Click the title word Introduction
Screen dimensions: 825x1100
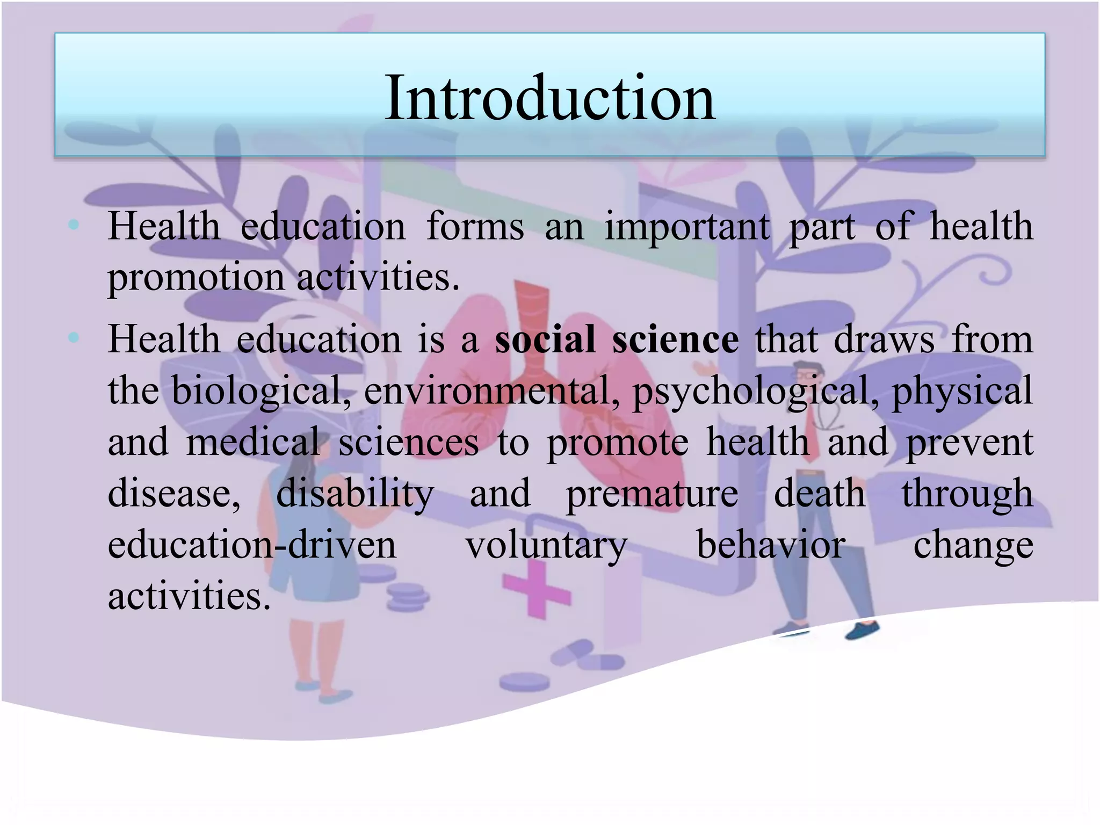click(x=549, y=98)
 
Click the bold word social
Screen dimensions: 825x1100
click(x=545, y=340)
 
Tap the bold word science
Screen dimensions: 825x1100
click(x=675, y=340)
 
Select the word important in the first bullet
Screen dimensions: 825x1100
click(x=687, y=227)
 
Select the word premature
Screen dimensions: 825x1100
click(x=652, y=493)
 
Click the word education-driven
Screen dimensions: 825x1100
click(x=252, y=544)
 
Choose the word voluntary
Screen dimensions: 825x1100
click(x=546, y=545)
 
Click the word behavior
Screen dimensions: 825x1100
click(x=771, y=544)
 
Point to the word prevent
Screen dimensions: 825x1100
click(x=969, y=442)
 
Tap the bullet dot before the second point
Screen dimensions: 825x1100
click(x=74, y=338)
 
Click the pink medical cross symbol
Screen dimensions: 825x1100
click(x=537, y=590)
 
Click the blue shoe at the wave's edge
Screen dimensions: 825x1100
click(x=863, y=629)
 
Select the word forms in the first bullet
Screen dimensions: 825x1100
click(x=475, y=227)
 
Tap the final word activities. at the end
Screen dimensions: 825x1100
click(x=189, y=596)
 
